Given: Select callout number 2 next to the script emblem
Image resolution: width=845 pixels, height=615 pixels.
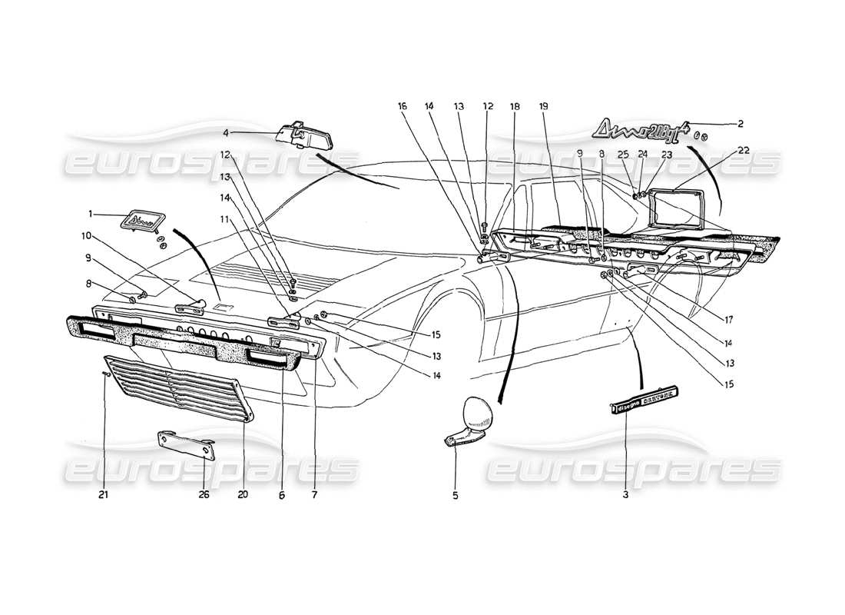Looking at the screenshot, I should tap(741, 123).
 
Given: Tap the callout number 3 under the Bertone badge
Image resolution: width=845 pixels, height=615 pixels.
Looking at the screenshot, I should tap(625, 495).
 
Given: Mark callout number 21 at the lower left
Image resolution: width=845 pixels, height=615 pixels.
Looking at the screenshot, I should tap(104, 495).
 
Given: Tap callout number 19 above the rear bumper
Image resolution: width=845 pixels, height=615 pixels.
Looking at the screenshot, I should tap(543, 107).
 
